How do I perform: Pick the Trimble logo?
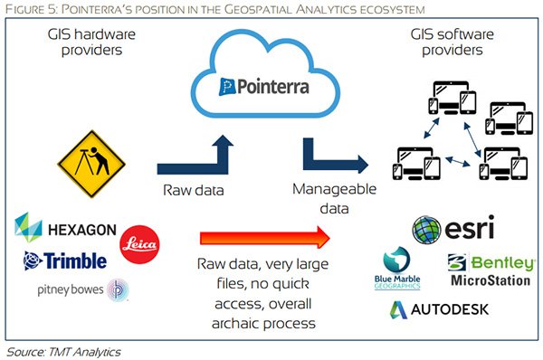coord(65,261)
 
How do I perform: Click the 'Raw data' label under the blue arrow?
coord(192,190)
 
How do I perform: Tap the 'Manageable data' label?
coord(330,199)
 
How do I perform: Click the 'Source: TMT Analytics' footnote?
coord(62,350)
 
